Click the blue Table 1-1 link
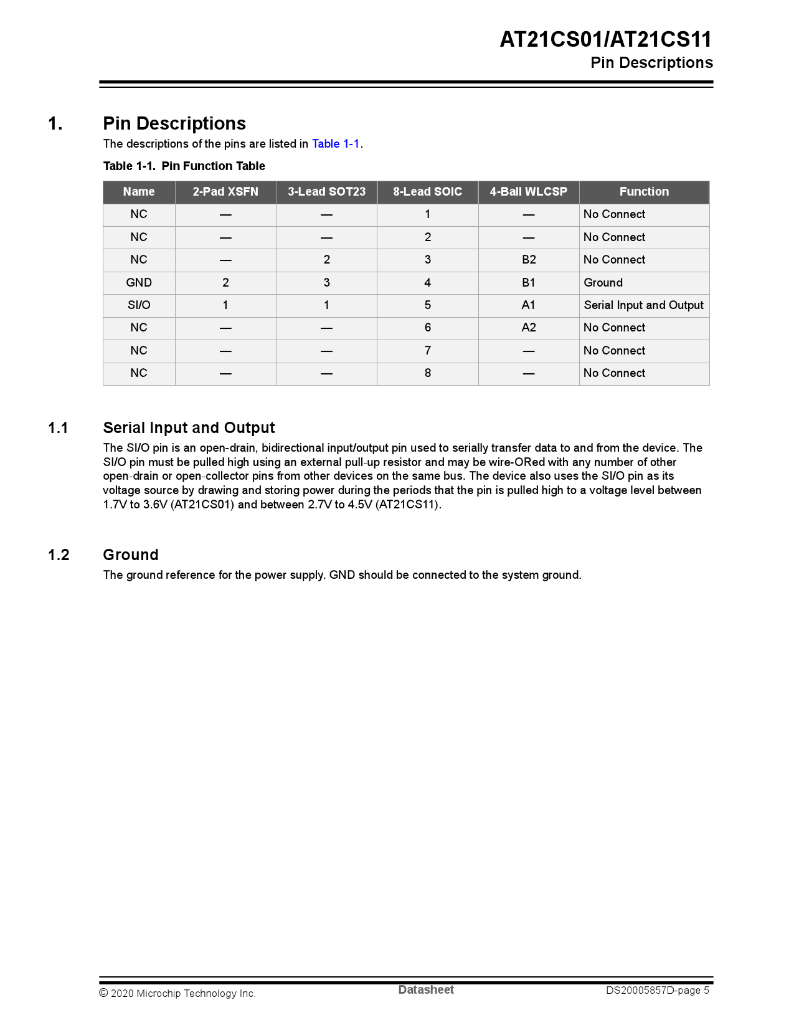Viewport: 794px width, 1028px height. (336, 144)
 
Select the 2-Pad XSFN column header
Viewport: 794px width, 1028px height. (225, 192)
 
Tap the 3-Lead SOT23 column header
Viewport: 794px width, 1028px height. (326, 192)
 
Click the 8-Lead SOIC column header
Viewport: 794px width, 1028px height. (427, 192)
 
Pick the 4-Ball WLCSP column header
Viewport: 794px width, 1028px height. (528, 192)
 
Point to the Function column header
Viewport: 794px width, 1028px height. (644, 192)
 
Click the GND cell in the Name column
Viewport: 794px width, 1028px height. (139, 283)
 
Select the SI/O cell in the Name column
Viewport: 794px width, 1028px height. (139, 305)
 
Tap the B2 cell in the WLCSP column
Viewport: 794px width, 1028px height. (529, 260)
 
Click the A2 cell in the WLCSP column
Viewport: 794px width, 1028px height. (529, 328)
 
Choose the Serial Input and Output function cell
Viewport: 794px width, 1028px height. (643, 305)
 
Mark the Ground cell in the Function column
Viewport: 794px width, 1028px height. (603, 283)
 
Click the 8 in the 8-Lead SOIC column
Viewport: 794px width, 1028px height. (428, 373)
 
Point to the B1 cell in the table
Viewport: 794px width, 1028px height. (529, 283)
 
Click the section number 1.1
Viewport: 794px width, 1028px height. (58, 428)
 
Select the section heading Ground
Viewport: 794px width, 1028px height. (131, 555)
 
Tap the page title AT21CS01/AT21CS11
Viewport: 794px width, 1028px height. (605, 40)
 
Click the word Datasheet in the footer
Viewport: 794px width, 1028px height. (426, 990)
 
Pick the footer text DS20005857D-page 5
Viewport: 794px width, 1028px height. (657, 991)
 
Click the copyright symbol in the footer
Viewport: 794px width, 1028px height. (104, 993)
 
